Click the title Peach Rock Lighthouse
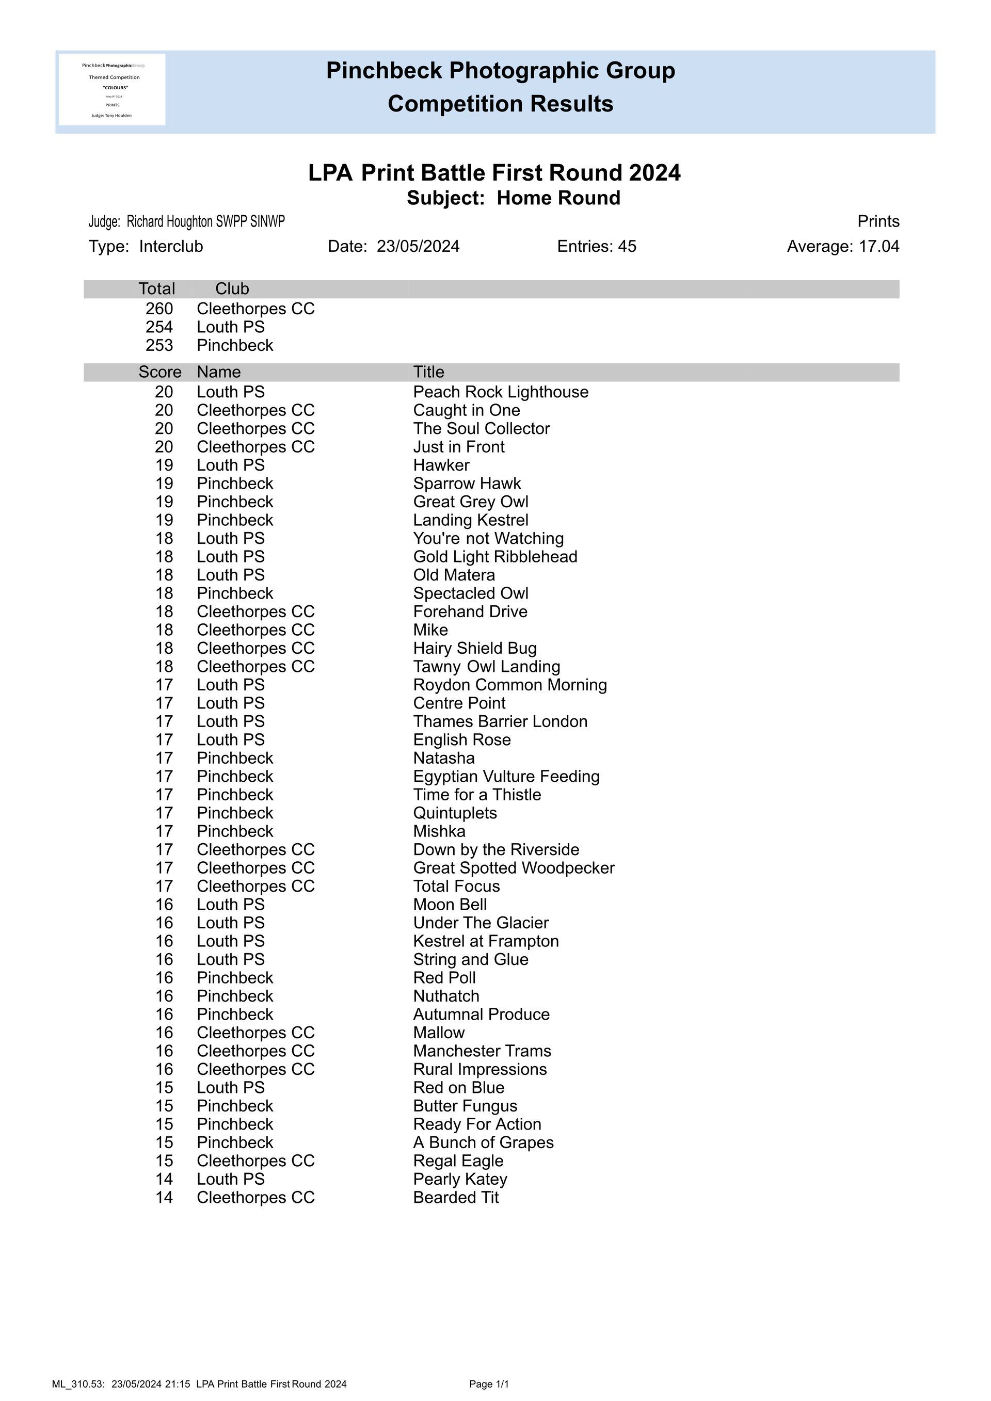pos(500,392)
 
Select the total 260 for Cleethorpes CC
pos(159,309)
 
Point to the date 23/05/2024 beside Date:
pos(418,247)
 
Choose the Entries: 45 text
pos(596,247)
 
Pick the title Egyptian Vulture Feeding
pos(506,776)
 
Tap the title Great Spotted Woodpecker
pos(514,868)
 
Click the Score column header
pos(160,372)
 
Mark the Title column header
pos(428,372)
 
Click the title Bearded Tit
pos(456,1197)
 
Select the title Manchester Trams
pos(482,1051)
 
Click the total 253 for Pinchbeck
pos(159,345)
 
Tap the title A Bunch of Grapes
pos(483,1142)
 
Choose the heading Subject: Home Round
pos(513,198)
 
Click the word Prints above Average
pos(877,221)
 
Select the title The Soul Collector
pos(482,428)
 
